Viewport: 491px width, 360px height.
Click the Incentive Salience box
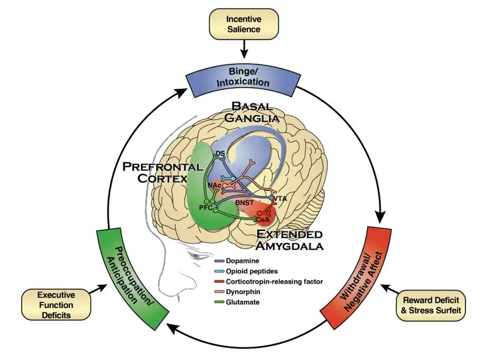[x=243, y=24]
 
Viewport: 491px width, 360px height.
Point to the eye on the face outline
[x=196, y=256]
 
